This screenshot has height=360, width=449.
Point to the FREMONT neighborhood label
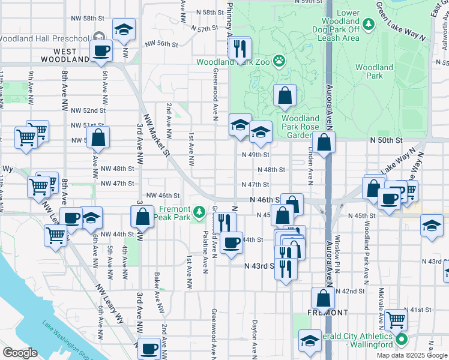pyautogui.click(x=328, y=313)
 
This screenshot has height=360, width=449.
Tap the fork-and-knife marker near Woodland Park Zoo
pyautogui.click(x=240, y=48)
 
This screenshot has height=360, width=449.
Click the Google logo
pyautogui.click(x=20, y=352)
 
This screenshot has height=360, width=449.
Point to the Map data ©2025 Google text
pyautogui.click(x=412, y=355)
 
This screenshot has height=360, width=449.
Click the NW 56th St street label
pyautogui.click(x=163, y=44)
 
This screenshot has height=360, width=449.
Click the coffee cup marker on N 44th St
pyautogui.click(x=232, y=242)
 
